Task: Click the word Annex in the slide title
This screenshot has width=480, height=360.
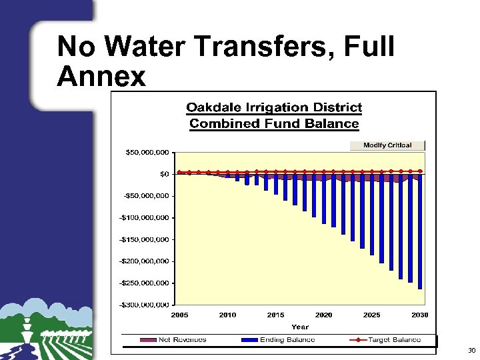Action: tap(101, 77)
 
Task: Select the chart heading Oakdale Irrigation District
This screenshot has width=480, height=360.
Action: tap(274, 107)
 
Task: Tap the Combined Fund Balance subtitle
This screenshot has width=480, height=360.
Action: tap(274, 123)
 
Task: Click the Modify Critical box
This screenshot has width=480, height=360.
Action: tap(387, 145)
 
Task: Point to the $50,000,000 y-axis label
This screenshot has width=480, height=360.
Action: tap(147, 152)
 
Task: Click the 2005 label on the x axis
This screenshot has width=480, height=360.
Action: tap(180, 315)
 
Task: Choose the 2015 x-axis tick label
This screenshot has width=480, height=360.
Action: tap(275, 315)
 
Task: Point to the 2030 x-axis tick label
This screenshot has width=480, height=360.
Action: tap(419, 315)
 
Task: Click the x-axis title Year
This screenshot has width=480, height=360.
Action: tap(300, 327)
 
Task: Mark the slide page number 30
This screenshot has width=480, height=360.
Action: tap(471, 350)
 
